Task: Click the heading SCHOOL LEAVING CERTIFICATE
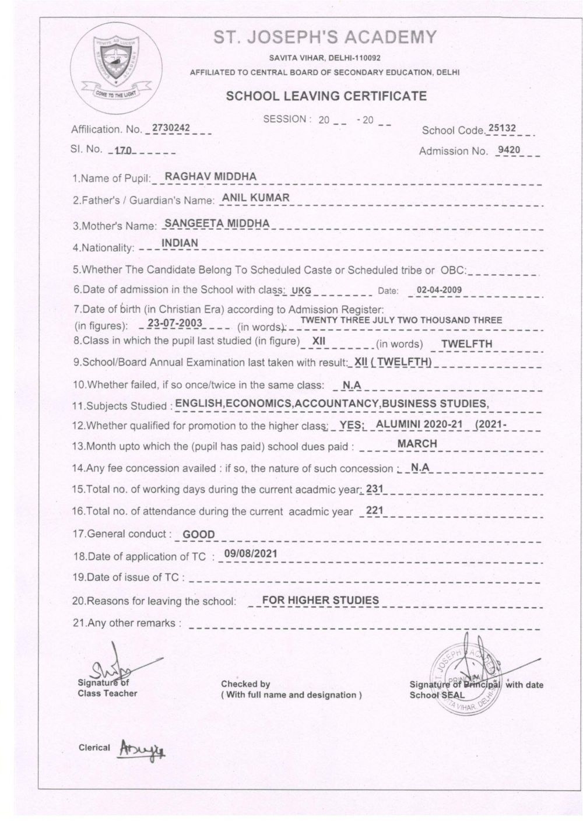click(x=326, y=96)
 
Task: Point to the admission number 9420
click(x=508, y=150)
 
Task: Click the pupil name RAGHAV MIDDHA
click(x=210, y=176)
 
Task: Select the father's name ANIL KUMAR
click(x=256, y=198)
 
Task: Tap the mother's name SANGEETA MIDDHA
click(x=217, y=223)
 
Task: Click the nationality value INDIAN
click(x=180, y=243)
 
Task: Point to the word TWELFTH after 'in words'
click(x=466, y=343)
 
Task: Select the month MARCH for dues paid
click(x=417, y=444)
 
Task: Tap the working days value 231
click(x=374, y=489)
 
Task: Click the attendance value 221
click(x=374, y=511)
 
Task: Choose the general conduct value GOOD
click(x=199, y=534)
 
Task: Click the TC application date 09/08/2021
click(x=250, y=553)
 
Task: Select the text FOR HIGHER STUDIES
click(x=320, y=599)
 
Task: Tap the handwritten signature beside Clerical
click(x=141, y=749)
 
